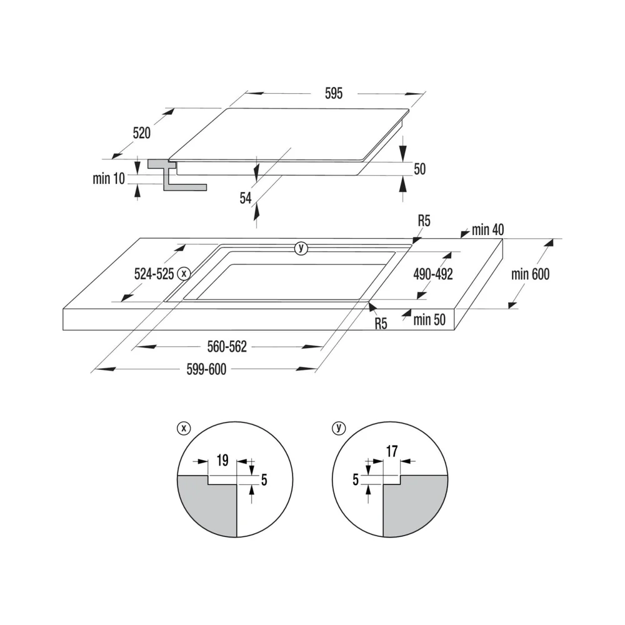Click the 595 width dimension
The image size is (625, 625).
point(334,93)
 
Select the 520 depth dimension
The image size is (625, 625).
point(141,132)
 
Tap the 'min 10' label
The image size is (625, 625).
point(109,179)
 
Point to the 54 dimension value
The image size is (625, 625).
point(246,198)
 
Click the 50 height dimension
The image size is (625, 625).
point(420,169)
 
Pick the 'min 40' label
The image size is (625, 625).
point(488,229)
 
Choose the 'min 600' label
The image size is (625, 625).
point(530,274)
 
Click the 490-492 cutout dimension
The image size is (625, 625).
point(433,274)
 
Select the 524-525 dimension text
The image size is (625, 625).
point(154,274)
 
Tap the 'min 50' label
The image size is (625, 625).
point(429,319)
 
